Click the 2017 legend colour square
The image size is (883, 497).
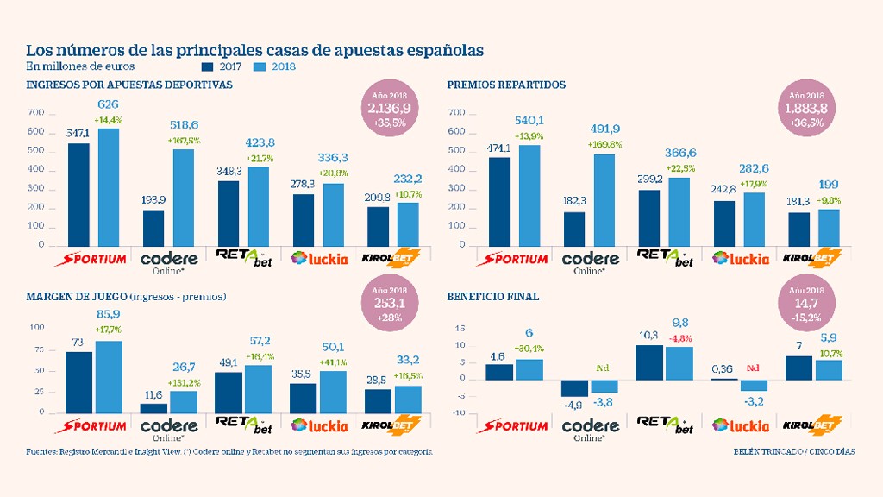[206, 66]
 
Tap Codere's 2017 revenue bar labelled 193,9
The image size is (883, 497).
[153, 228]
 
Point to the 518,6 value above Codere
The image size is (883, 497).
[184, 125]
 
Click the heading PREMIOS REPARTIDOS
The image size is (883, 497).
[506, 85]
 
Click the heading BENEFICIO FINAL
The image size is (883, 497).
[493, 297]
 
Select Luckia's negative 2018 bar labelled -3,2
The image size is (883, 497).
[754, 385]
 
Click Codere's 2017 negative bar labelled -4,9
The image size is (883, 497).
[574, 387]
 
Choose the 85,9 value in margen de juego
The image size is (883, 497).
[108, 315]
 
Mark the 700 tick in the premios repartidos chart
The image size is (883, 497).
[457, 113]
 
